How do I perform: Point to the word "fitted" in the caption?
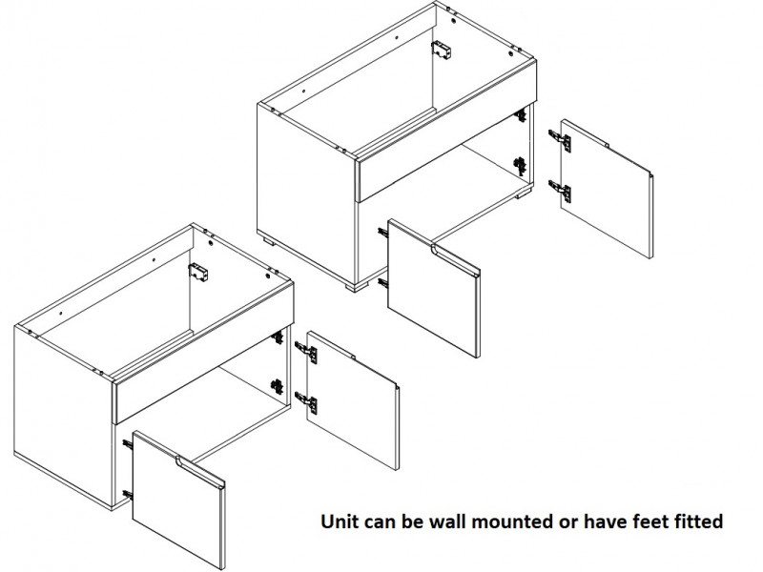click(x=698, y=521)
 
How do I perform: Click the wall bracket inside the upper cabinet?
click(x=441, y=50)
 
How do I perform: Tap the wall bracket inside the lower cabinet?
click(x=198, y=273)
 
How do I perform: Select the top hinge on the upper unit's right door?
click(x=560, y=140)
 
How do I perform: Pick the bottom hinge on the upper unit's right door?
click(x=560, y=191)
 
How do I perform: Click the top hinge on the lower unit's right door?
click(x=306, y=352)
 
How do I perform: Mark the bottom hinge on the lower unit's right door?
click(x=306, y=402)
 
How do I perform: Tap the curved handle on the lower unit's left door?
click(x=200, y=473)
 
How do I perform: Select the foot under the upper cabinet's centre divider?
click(x=357, y=286)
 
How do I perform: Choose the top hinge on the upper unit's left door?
click(x=383, y=233)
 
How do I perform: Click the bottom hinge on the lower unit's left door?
click(x=128, y=495)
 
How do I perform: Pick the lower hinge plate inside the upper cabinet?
click(x=520, y=166)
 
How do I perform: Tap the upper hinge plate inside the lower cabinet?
click(x=277, y=337)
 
